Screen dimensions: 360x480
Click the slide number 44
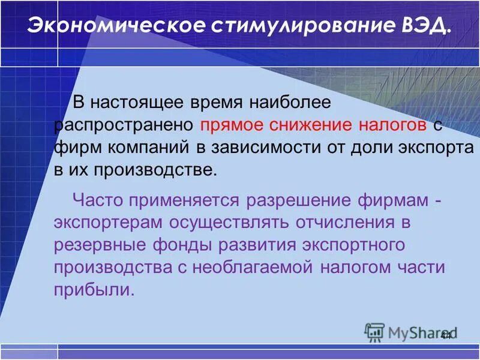coord(445,335)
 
